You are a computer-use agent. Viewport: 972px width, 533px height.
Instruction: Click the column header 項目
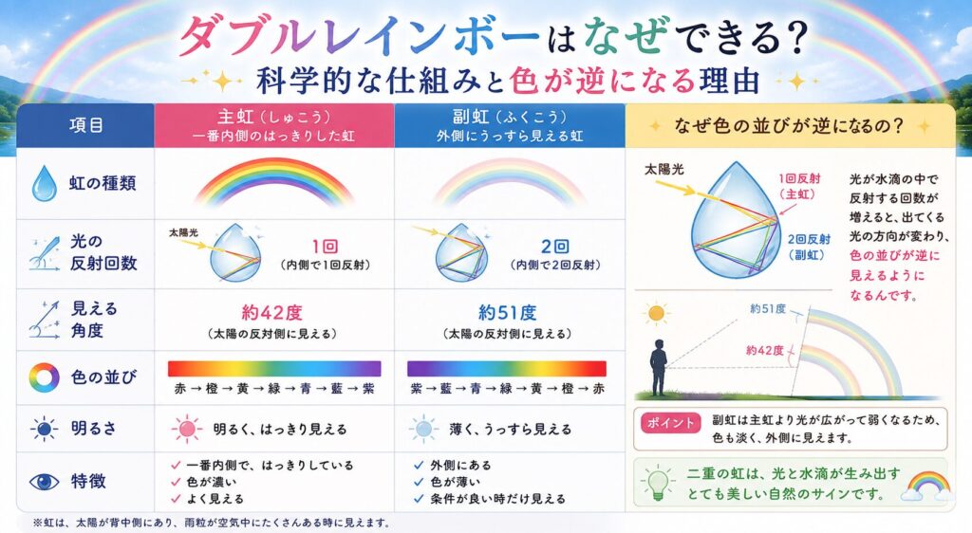click(86, 126)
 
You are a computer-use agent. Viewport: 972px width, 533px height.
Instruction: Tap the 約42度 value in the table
click(271, 313)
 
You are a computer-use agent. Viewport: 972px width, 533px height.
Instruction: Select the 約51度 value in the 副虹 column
click(507, 313)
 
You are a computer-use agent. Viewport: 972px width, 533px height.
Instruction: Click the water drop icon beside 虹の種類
click(44, 183)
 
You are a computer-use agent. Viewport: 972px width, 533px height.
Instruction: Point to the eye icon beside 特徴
click(44, 482)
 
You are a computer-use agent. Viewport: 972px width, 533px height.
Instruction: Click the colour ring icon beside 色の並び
click(44, 377)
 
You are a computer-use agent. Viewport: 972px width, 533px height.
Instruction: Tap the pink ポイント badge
click(670, 423)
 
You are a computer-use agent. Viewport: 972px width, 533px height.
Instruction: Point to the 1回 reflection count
click(325, 247)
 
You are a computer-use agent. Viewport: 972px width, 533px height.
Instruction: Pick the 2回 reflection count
click(554, 247)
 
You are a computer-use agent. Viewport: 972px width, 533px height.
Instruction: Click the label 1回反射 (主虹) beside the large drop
click(799, 186)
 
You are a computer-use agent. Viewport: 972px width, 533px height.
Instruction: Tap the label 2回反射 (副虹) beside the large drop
click(809, 247)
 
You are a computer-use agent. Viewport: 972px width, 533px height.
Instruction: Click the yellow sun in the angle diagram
click(657, 314)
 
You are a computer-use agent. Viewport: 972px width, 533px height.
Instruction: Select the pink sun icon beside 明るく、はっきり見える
click(187, 429)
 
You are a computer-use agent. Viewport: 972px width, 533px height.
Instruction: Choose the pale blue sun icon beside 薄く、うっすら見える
click(424, 429)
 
